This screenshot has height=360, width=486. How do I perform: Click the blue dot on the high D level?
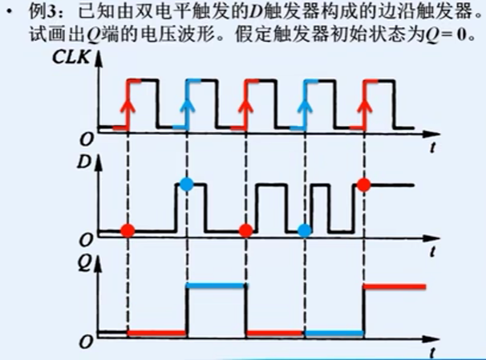187,184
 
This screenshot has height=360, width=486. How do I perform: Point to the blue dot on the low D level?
304,231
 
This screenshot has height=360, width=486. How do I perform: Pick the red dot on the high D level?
363,184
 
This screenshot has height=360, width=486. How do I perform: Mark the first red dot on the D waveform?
127,231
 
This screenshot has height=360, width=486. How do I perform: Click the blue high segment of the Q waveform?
215,285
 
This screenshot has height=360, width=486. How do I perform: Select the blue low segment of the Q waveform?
334,333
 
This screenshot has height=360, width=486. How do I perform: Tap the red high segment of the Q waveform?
395,285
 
